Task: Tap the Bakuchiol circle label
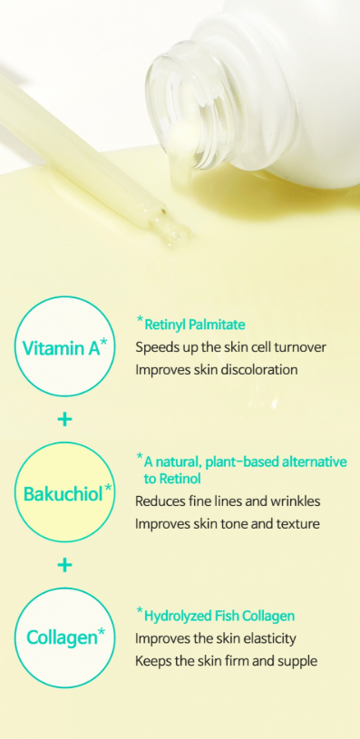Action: point(63,494)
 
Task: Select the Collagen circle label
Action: point(63,637)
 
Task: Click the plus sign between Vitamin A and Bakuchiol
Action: point(63,421)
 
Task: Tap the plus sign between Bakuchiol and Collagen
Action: point(63,565)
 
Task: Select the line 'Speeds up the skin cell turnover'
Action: point(230,347)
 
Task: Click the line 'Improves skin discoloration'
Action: point(216,370)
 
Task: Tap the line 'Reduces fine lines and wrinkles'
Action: point(228,501)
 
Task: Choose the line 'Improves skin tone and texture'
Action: point(226,523)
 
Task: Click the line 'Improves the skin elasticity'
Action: point(216,638)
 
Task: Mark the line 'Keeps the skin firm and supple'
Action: point(226,661)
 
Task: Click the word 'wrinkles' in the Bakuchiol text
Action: point(296,501)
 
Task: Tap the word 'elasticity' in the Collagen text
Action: point(266,638)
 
